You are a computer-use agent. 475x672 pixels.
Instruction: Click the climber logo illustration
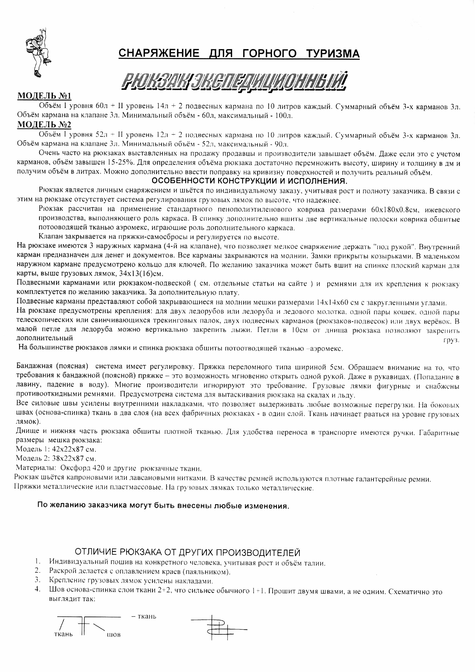tap(38, 52)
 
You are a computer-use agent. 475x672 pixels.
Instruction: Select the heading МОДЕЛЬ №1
tap(44, 96)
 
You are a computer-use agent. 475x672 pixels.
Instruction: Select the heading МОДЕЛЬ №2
tap(44, 125)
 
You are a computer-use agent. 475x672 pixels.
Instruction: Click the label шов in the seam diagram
tap(114, 634)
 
